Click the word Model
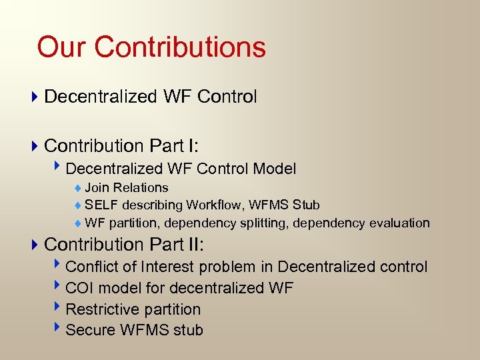pos(274,169)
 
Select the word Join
pos(97,188)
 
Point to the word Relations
pos(141,188)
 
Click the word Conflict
pos(92,267)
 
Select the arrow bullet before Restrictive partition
pos(59,309)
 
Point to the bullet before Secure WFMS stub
pos(59,329)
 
